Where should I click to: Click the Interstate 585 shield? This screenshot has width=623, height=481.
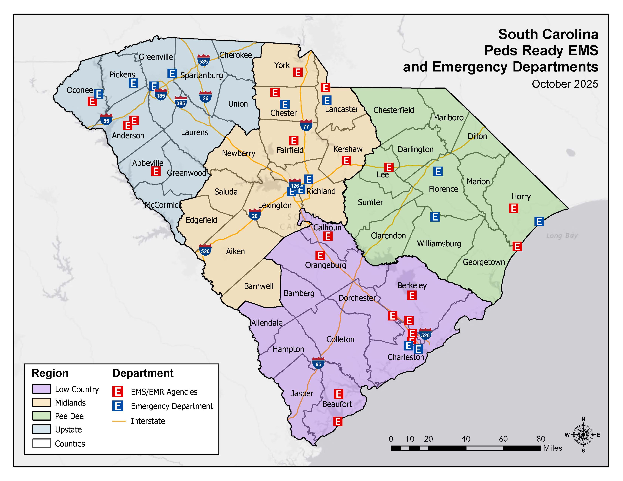pyautogui.click(x=203, y=60)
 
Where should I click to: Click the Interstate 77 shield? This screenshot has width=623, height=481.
pyautogui.click(x=306, y=125)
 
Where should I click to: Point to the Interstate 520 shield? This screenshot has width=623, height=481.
pyautogui.click(x=205, y=250)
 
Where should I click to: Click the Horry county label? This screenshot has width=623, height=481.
pyautogui.click(x=521, y=196)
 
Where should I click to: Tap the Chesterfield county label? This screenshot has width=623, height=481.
pyautogui.click(x=393, y=110)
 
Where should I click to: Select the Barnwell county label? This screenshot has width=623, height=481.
pyautogui.click(x=258, y=286)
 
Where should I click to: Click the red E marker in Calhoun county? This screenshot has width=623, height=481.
pyautogui.click(x=328, y=236)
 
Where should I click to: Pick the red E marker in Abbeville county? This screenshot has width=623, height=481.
pyautogui.click(x=156, y=171)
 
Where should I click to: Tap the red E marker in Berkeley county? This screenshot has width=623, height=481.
pyautogui.click(x=412, y=295)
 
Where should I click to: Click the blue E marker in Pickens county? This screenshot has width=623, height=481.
pyautogui.click(x=133, y=83)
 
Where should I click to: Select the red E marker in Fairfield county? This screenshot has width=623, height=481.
pyautogui.click(x=294, y=141)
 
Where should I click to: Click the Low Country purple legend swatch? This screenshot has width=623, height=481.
pyautogui.click(x=42, y=389)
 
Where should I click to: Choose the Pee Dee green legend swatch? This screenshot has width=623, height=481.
pyautogui.click(x=42, y=416)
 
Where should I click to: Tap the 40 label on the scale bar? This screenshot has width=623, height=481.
pyautogui.click(x=466, y=439)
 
